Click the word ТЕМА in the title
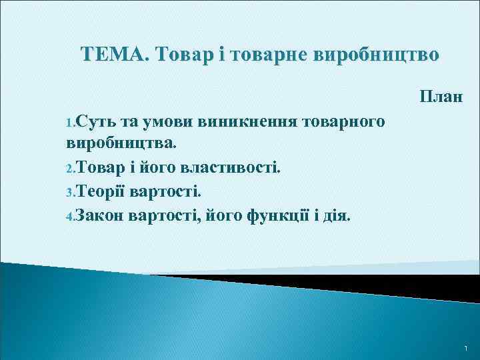click(x=111, y=54)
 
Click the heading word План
click(x=441, y=97)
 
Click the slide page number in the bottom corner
click(x=465, y=348)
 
